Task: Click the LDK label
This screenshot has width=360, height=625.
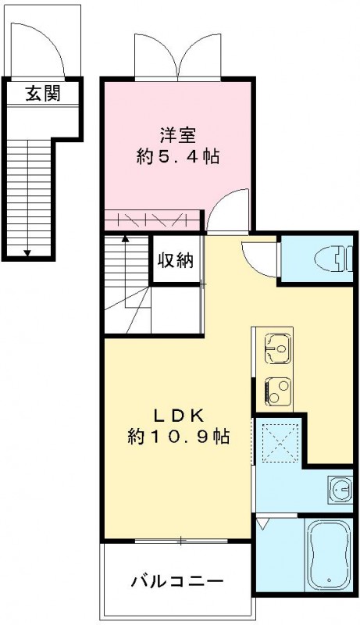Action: [177, 414]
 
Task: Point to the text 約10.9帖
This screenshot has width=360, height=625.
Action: [177, 437]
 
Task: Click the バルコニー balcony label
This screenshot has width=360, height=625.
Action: [177, 582]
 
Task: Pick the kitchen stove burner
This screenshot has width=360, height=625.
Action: [277, 388]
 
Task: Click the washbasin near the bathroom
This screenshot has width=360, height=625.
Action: [340, 490]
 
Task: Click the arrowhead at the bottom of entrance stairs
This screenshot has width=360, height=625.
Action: [28, 252]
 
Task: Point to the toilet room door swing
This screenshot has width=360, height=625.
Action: [258, 258]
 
